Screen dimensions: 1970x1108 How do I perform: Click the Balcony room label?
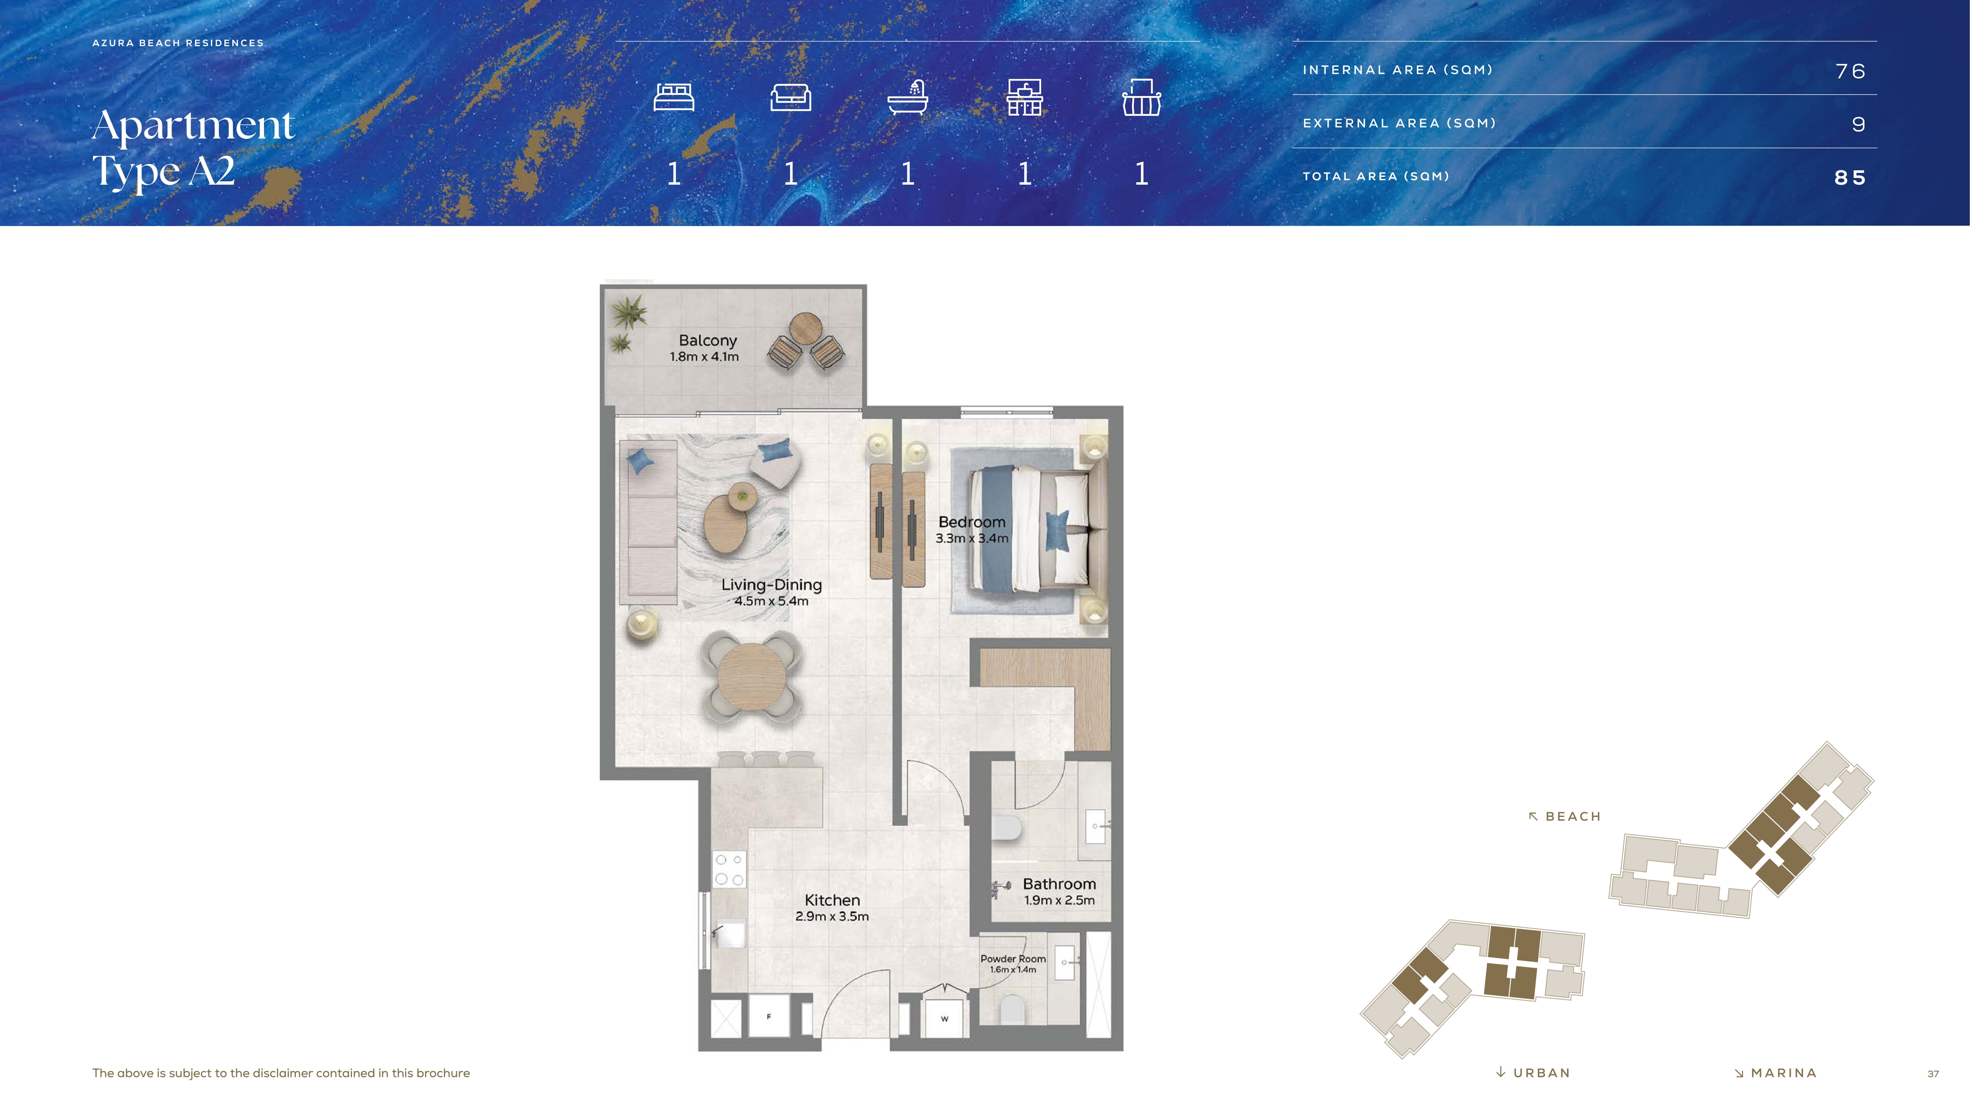pos(707,340)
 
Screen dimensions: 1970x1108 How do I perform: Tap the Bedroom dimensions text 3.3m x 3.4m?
pos(972,538)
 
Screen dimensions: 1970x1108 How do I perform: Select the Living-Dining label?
pos(772,585)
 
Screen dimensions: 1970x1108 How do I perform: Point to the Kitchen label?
pos(832,900)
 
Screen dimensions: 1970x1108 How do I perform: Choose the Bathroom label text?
pos(1059,884)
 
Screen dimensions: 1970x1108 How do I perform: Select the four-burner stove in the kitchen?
pos(729,869)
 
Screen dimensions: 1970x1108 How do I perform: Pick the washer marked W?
pos(944,1018)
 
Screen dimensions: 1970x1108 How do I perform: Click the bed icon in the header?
pos(674,97)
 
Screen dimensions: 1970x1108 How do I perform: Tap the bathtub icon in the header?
pos(908,97)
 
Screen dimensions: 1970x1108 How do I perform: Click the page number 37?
pos(1933,1074)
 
